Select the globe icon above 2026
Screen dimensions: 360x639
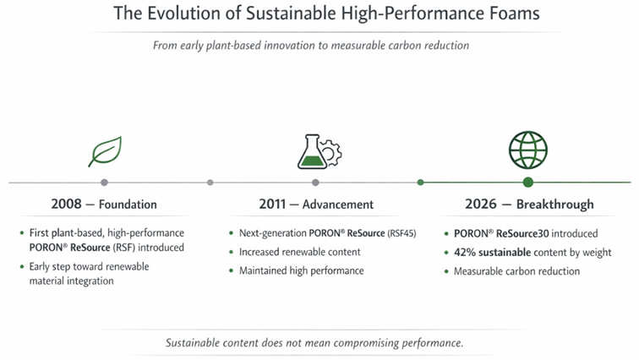click(527, 150)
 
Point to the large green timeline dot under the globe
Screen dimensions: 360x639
click(528, 182)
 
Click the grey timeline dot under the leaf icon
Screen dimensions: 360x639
click(104, 182)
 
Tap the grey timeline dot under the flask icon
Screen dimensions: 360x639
click(315, 182)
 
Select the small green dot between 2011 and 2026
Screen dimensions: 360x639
click(420, 182)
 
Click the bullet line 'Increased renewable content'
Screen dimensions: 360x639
click(301, 252)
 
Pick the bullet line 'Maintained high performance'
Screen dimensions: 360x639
click(301, 270)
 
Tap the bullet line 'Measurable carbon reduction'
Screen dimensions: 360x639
click(516, 271)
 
